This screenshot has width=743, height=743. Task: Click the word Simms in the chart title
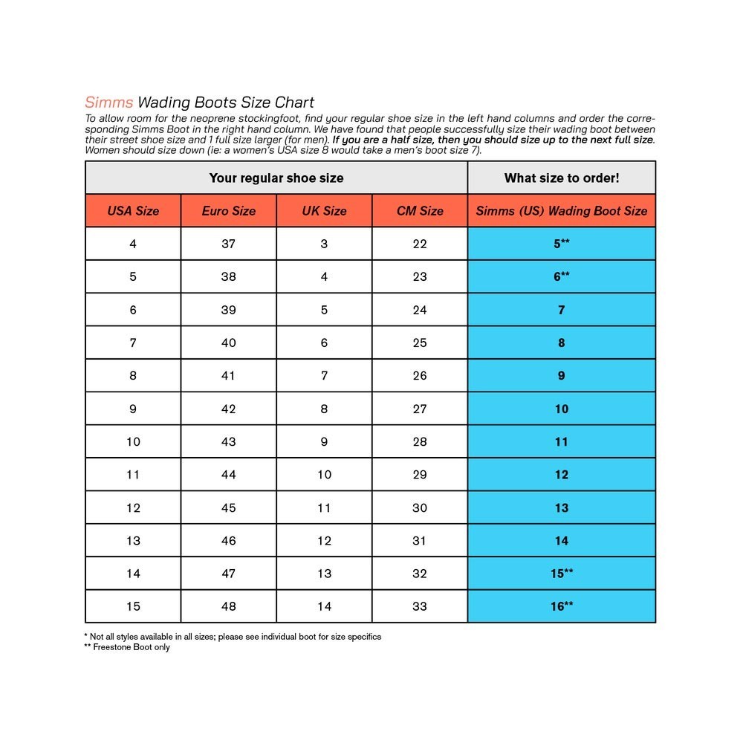[x=108, y=103]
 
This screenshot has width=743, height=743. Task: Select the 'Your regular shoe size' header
[x=276, y=178]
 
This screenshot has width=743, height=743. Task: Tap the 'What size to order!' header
[x=562, y=178]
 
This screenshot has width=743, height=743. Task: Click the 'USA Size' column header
[x=133, y=211]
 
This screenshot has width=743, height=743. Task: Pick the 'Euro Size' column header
[x=229, y=211]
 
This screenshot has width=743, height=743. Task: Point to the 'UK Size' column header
[x=324, y=211]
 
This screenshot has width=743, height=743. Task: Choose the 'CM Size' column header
[x=420, y=211]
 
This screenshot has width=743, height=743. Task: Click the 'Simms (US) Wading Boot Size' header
[x=562, y=211]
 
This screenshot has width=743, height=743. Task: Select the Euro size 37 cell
[x=229, y=244]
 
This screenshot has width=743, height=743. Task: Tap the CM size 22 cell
[x=420, y=244]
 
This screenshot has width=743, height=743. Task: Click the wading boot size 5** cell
[x=562, y=244]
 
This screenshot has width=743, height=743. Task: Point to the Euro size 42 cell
[x=229, y=409]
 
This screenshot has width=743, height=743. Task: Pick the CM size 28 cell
[x=420, y=442]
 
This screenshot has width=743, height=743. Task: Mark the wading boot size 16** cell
[x=562, y=606]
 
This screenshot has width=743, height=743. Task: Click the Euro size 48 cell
[x=229, y=606]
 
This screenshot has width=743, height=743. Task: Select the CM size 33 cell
[x=420, y=606]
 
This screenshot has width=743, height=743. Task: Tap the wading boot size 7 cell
[x=562, y=310]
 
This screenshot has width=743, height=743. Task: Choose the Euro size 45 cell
[x=229, y=508]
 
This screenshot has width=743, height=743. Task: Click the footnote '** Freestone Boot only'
[x=127, y=647]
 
